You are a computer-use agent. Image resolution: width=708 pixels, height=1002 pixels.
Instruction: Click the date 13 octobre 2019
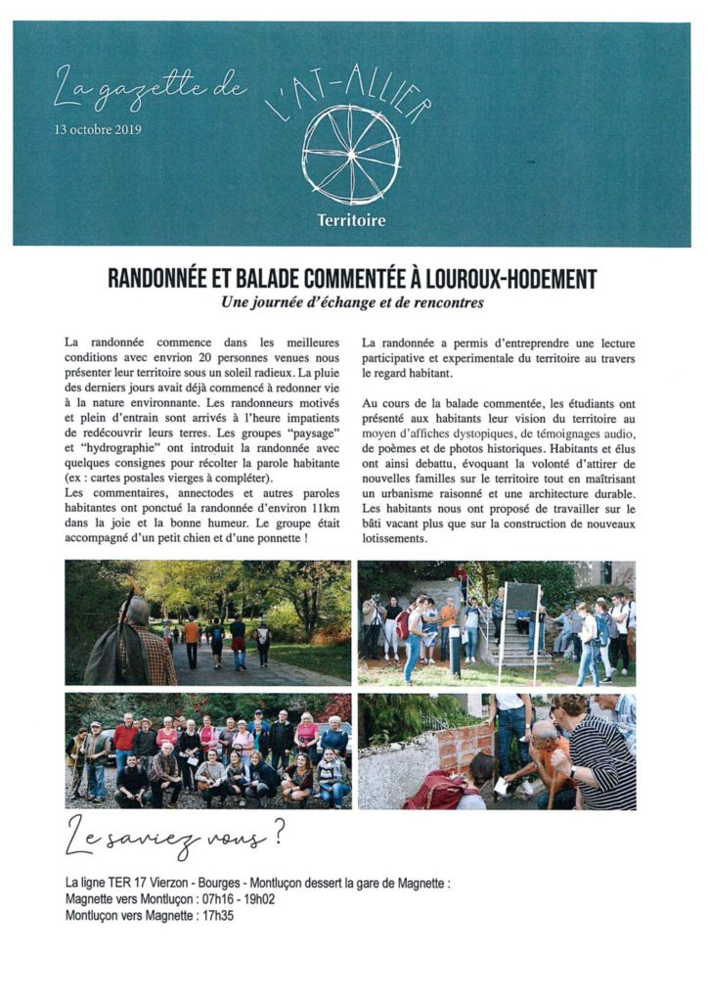coord(85,128)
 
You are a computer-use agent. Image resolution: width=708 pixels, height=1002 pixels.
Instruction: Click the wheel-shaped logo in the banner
coord(350,154)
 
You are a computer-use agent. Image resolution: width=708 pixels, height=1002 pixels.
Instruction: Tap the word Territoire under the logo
coord(351,220)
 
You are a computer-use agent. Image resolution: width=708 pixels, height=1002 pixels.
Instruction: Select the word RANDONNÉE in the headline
coord(160,279)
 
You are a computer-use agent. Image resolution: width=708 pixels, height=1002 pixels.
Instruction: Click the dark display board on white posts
coord(521,596)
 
